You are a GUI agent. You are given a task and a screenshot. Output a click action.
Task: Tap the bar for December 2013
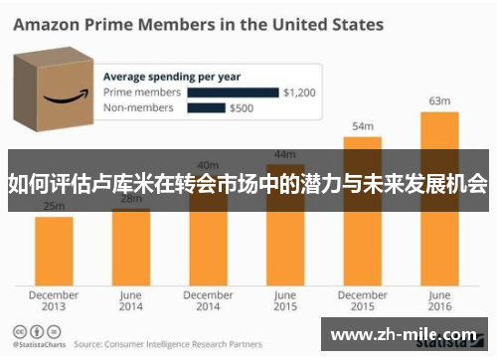click(x=54, y=249)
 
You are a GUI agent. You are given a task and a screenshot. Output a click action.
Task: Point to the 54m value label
click(x=363, y=125)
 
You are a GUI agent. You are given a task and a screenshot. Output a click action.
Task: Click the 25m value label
click(x=54, y=206)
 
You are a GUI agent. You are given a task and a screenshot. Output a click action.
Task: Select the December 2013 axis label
click(x=54, y=300)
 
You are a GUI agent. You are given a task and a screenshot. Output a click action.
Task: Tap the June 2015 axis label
click(x=285, y=300)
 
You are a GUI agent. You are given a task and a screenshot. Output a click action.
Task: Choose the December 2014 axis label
click(x=208, y=300)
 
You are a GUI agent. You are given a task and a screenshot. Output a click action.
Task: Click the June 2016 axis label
click(x=438, y=300)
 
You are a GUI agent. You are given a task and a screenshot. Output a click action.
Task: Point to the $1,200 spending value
click(x=298, y=92)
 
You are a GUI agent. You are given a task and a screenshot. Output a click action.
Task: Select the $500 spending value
click(x=242, y=109)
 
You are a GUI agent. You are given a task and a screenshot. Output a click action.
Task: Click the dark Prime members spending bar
click(x=233, y=92)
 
